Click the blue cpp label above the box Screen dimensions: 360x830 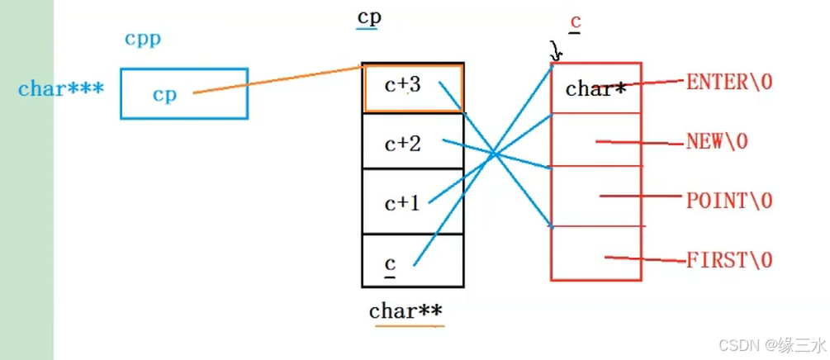pyautogui.click(x=143, y=39)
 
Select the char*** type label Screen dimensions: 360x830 pyautogui.click(x=61, y=89)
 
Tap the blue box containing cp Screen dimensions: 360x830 pyautogui.click(x=183, y=93)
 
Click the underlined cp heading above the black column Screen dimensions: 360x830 pyautogui.click(x=368, y=18)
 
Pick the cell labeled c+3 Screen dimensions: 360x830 pyautogui.click(x=412, y=87)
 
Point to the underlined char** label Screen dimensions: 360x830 pyautogui.click(x=406, y=311)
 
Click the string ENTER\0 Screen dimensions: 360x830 pyautogui.click(x=729, y=82)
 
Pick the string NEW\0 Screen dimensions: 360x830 pyautogui.click(x=717, y=141)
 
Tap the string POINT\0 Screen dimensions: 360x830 pyautogui.click(x=729, y=201)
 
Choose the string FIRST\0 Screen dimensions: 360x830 pyautogui.click(x=729, y=260)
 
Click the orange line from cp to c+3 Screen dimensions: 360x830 pyautogui.click(x=281, y=80)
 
